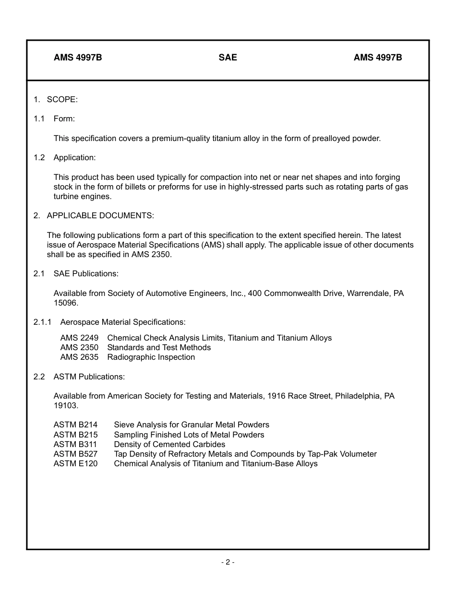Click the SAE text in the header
click(228, 58)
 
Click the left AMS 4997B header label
click(78, 58)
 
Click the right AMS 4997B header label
click(378, 58)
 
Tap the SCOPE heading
click(62, 99)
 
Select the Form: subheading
click(64, 118)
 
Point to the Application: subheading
click(74, 157)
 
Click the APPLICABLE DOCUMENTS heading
click(100, 215)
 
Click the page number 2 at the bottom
click(228, 562)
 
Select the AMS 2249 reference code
click(79, 338)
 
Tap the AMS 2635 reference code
click(79, 357)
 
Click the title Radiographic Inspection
click(151, 357)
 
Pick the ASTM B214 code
click(75, 425)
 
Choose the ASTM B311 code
click(75, 444)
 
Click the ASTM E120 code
click(75, 463)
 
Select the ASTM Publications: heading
click(89, 377)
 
